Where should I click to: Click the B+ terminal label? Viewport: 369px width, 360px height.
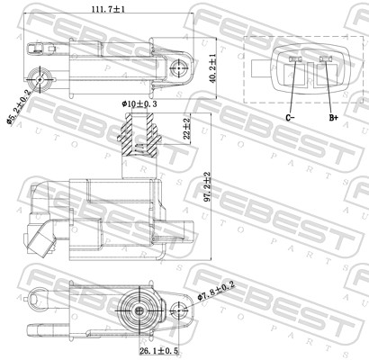click(333, 118)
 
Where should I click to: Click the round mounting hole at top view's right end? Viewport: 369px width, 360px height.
click(181, 65)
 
